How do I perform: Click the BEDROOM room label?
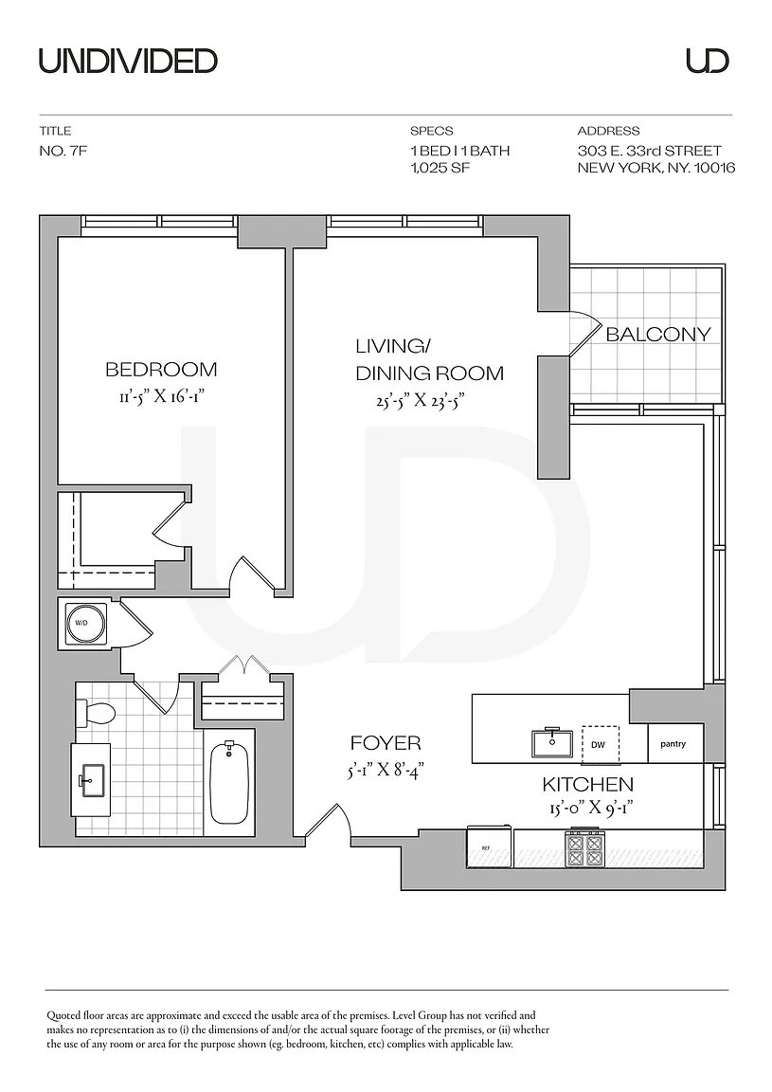tap(161, 369)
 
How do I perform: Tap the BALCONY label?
tap(657, 335)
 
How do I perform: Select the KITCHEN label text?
tap(587, 785)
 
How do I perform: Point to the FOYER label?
tap(386, 744)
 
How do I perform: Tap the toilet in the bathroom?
tap(96, 714)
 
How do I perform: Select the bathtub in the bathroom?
tap(230, 783)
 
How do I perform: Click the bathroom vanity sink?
tap(91, 779)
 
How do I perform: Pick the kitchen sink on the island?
tap(551, 742)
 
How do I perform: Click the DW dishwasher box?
tap(599, 744)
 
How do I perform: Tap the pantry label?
tap(673, 744)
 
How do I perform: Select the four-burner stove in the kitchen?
tap(584, 847)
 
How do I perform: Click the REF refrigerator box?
tap(490, 846)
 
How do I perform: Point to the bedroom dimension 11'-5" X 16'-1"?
tap(161, 397)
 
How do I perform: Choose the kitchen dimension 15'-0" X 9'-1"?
tap(587, 809)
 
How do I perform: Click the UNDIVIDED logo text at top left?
tap(129, 62)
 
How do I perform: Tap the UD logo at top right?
tap(708, 61)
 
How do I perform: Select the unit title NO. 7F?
tap(63, 151)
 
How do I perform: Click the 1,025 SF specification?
tap(440, 168)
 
